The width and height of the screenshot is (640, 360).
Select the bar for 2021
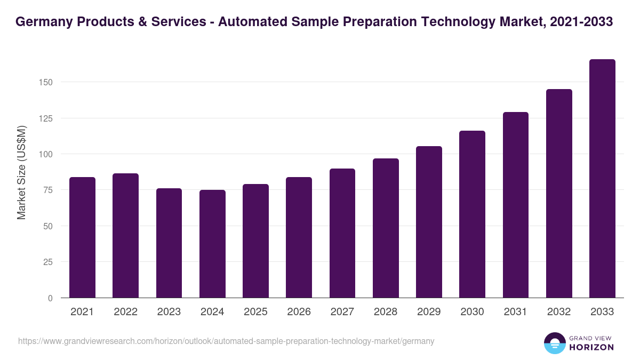pos(82,237)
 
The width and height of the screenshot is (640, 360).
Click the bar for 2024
pos(212,244)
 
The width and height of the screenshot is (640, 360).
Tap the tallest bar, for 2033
pos(602,179)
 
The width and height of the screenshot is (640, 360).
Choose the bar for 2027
pos(342,233)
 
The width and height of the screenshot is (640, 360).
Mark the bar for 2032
pos(559,194)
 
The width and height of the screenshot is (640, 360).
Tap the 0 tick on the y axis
pos(50,298)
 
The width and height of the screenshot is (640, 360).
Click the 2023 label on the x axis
pos(169,312)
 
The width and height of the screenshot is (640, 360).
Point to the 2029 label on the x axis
pos(429,312)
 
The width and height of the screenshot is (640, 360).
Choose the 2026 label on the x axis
pos(299,312)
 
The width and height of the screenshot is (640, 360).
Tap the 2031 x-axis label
pos(515,312)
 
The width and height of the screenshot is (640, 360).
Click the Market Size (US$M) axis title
pos(21,172)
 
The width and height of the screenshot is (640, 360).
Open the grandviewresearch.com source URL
pos(226,341)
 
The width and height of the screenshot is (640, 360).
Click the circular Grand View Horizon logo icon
pos(555,343)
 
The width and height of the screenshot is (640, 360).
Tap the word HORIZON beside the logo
pos(591,347)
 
